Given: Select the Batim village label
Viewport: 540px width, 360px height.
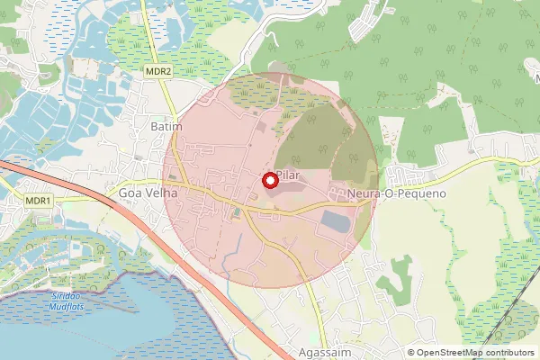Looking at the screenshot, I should coord(166,128).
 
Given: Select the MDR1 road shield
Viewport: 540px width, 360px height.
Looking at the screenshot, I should coord(39,201).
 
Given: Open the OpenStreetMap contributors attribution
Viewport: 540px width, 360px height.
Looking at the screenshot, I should coord(471,353).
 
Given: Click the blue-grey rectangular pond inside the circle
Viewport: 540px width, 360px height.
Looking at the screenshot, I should coord(337,220).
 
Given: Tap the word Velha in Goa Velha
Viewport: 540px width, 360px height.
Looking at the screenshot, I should coord(156,193).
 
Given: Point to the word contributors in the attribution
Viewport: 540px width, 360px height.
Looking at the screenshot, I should coord(503,353).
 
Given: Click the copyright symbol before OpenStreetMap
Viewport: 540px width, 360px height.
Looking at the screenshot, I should coord(411,353).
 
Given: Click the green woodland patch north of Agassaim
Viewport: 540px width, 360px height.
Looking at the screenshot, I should coord(394,287).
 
